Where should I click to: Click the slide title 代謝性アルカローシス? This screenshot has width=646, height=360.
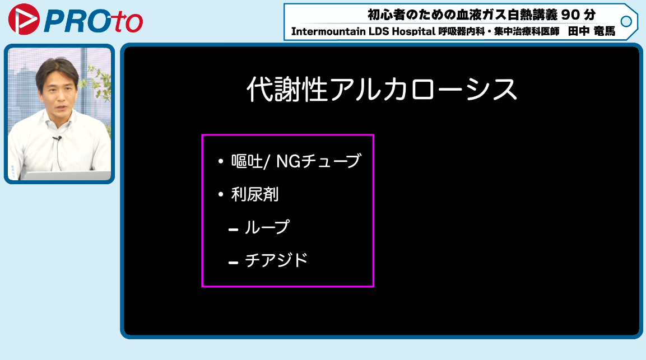382,90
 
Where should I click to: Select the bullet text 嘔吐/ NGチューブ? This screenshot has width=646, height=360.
296,161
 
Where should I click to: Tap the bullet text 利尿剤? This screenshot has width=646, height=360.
254,194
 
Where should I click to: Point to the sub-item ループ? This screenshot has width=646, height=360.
267,227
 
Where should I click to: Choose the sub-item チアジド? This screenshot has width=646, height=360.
276,260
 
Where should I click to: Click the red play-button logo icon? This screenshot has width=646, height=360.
24,19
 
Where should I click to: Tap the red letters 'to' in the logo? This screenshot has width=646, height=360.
127,22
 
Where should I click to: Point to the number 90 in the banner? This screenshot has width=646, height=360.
570,15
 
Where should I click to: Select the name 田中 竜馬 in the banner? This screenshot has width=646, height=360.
592,31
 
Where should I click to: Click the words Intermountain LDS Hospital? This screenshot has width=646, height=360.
363,31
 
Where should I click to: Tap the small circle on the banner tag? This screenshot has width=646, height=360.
626,21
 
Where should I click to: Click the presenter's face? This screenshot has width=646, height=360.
58,88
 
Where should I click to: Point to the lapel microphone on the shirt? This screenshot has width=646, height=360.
57,139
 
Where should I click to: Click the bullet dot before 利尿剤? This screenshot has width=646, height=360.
221,194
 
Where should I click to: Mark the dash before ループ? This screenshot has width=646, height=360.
233,230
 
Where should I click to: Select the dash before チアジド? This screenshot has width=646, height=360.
233,263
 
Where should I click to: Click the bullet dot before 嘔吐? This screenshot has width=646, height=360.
221,161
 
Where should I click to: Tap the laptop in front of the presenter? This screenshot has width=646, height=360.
66,175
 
